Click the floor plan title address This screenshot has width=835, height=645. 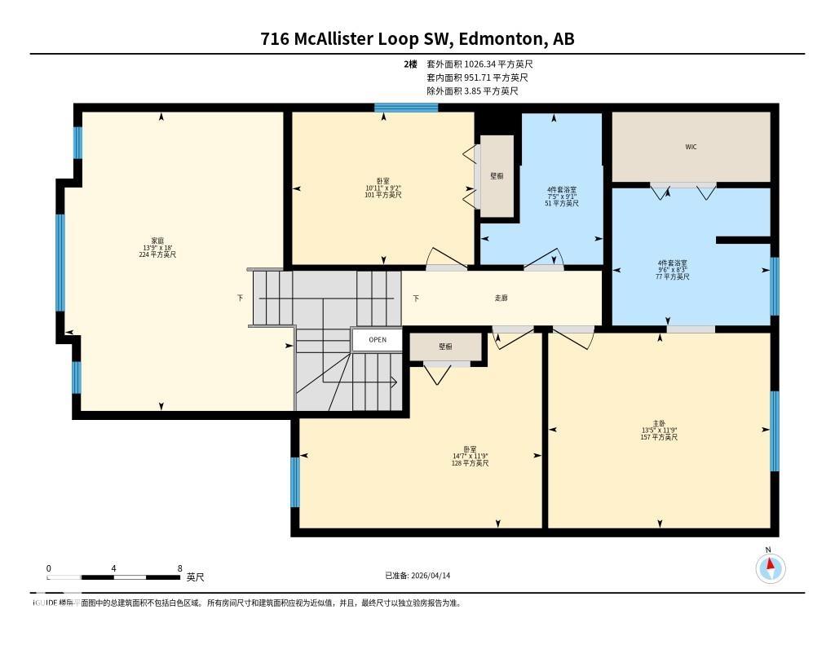tap(417, 38)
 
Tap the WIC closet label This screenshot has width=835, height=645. tap(691, 147)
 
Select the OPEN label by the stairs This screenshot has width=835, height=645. tap(377, 340)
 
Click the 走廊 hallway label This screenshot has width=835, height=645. tap(501, 298)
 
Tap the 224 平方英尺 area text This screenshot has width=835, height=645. tap(157, 255)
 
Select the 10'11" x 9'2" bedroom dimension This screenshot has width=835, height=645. tap(383, 188)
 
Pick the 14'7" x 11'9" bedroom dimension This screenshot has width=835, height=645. tap(470, 456)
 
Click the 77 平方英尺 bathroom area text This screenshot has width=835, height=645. tap(673, 276)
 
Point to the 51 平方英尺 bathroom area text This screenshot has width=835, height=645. tap(562, 203)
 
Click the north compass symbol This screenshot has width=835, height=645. tap(771, 568)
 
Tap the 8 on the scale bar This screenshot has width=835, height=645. tap(179, 568)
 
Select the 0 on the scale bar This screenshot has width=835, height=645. tap(49, 568)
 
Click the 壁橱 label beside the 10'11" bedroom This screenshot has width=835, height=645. tap(497, 175)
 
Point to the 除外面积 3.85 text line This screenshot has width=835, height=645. tap(472, 91)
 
